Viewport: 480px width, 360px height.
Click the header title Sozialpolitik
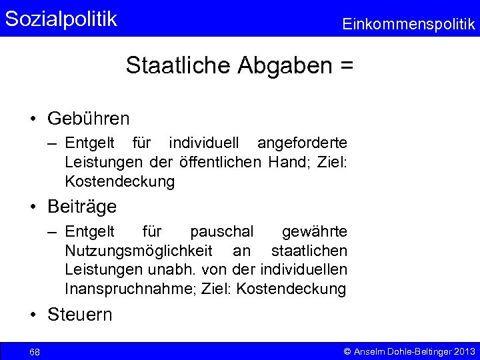coord(61,19)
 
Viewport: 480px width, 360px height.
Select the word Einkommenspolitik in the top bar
coord(409,25)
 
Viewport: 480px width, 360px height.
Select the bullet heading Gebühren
coord(89,119)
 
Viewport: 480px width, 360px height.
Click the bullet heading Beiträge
coord(82,207)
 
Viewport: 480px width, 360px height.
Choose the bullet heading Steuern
coord(80,315)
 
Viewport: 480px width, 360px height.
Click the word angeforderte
coord(302,143)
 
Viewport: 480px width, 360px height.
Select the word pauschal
coord(221,231)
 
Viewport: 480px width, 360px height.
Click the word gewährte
coord(314,231)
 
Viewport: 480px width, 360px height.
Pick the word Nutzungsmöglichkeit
coord(139,251)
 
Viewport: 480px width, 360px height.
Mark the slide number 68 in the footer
coord(35,351)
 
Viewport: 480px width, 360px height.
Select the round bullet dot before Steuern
coord(33,315)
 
